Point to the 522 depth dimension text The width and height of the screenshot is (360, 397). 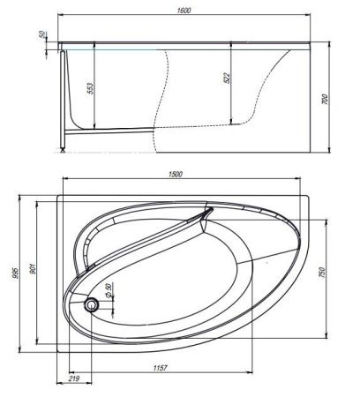coord(225,78)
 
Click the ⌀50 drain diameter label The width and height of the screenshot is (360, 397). coord(109,292)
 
